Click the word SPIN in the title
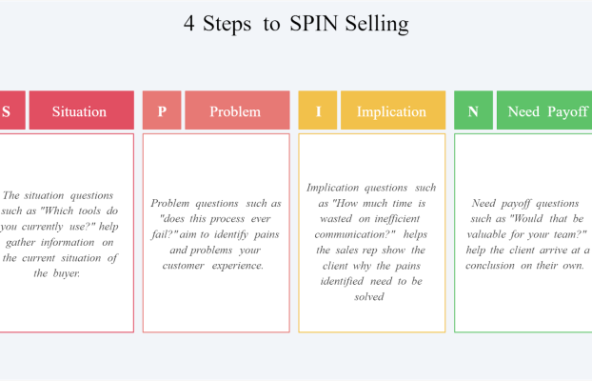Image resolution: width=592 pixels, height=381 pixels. click(314, 24)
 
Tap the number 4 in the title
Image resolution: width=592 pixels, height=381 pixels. click(189, 24)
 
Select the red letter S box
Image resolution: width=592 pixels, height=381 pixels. click(12, 110)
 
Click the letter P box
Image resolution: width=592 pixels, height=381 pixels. click(162, 110)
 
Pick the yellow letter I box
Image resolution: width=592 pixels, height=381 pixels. click(318, 110)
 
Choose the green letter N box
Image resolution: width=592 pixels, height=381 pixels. click(473, 110)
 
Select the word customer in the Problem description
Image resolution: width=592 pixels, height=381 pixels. click(184, 266)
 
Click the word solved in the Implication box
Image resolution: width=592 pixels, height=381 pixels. click(369, 297)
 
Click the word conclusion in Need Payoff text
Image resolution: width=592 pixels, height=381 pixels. click(489, 266)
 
